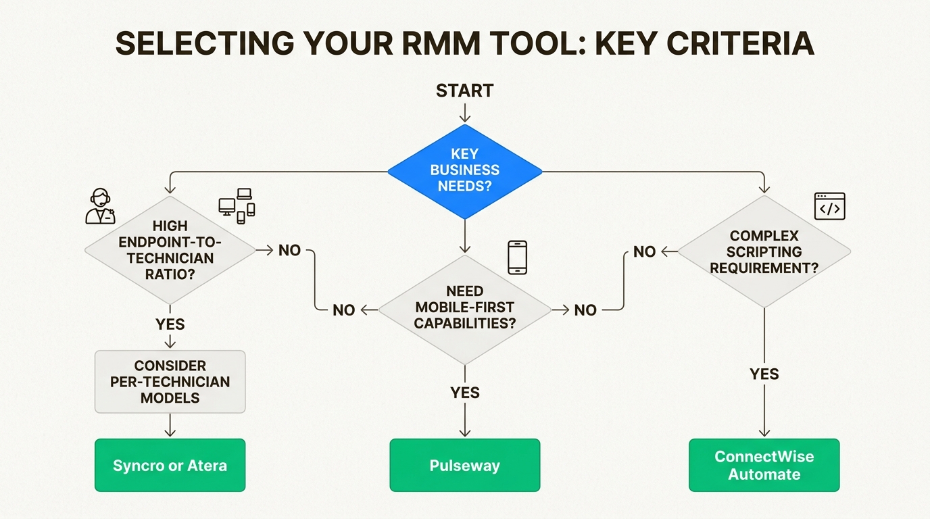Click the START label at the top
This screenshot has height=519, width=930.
[464, 91]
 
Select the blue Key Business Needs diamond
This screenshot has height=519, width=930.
[464, 171]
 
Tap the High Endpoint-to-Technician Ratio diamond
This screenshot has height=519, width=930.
[170, 250]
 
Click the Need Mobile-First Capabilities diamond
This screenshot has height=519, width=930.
[464, 308]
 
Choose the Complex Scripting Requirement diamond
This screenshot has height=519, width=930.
[764, 251]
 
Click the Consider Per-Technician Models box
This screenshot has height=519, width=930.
[170, 381]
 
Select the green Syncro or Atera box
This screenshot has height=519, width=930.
[170, 466]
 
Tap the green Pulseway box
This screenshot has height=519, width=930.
[464, 466]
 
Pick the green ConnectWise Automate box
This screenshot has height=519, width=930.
[764, 466]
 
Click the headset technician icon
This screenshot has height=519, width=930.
[100, 207]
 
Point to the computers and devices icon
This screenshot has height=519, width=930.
[237, 205]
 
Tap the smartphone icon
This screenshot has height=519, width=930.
[517, 257]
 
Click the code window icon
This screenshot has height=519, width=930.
[829, 207]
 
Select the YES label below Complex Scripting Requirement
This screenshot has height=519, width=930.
[764, 374]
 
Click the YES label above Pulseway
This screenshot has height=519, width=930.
[464, 392]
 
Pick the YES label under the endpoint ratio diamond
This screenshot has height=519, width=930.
[170, 324]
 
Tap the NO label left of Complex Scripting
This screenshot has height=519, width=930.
[644, 251]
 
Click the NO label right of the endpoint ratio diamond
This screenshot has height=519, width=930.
[289, 250]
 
